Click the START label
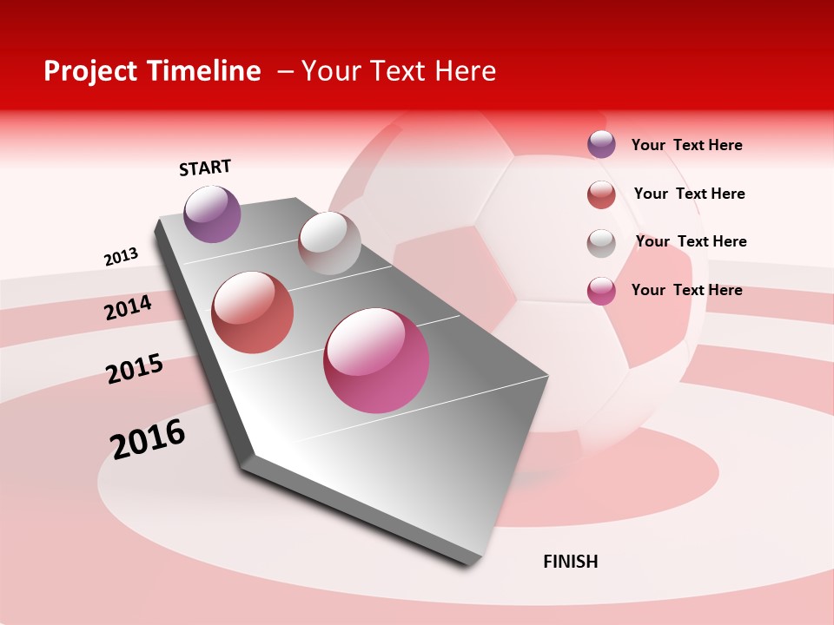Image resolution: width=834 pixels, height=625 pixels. click(205, 168)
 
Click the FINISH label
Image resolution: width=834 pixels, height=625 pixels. click(571, 562)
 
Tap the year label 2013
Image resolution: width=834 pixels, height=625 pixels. click(121, 257)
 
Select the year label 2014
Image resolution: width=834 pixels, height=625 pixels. click(128, 307)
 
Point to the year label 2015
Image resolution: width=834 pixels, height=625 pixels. click(135, 369)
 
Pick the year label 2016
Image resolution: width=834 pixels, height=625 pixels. click(148, 438)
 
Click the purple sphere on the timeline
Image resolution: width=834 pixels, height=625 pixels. click(212, 214)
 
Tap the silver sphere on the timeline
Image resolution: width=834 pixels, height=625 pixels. click(329, 243)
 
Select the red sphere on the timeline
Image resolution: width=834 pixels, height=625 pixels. click(253, 312)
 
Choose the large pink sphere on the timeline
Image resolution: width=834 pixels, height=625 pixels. click(376, 360)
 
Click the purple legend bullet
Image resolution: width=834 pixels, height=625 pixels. click(601, 144)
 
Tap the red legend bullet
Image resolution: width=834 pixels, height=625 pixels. click(601, 194)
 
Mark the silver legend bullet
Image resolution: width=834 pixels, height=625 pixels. click(601, 243)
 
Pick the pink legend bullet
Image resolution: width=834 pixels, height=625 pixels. click(601, 291)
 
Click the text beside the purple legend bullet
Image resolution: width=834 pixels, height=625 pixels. click(686, 145)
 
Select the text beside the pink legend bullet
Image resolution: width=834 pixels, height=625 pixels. click(686, 290)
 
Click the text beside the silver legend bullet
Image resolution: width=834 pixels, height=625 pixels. click(691, 241)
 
